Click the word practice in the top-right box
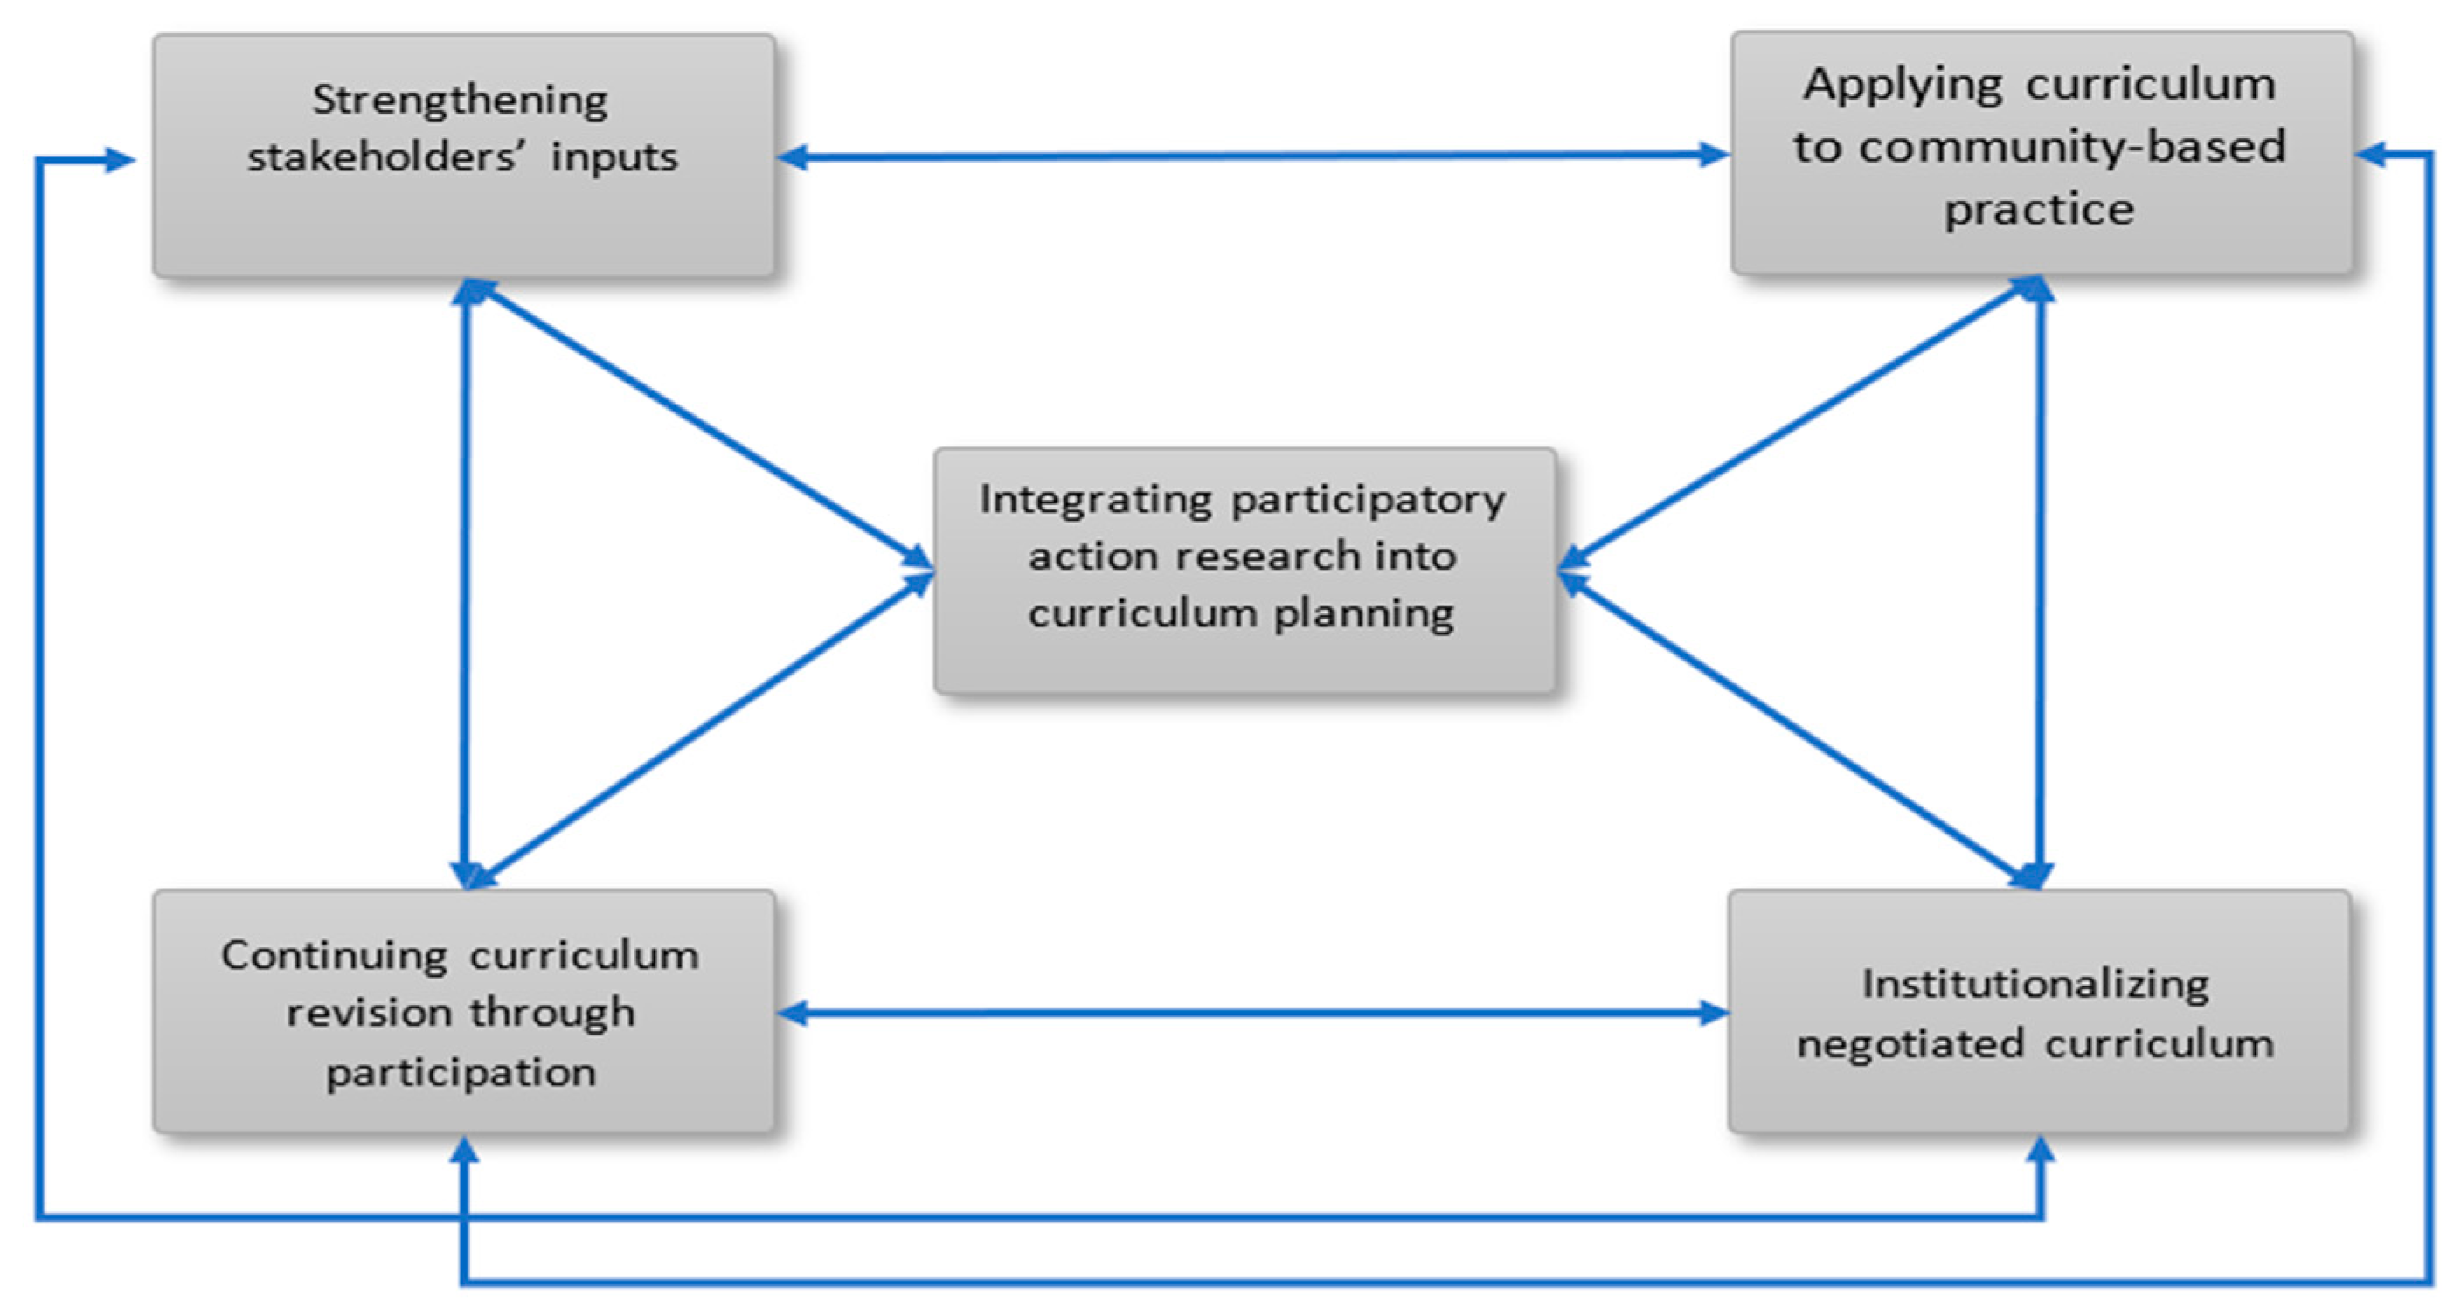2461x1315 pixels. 2039,210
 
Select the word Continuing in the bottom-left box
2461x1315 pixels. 334,956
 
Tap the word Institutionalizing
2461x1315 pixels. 2035,985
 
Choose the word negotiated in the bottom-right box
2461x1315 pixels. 1909,1044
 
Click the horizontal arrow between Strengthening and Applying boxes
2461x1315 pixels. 1251,156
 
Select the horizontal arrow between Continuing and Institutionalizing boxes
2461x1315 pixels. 1251,1014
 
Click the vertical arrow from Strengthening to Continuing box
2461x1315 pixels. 465,583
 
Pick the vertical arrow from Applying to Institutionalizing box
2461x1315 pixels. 2041,583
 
